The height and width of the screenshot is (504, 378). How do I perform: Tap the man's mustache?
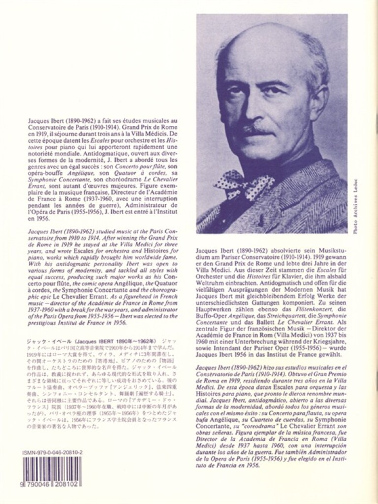[x=261, y=130]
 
